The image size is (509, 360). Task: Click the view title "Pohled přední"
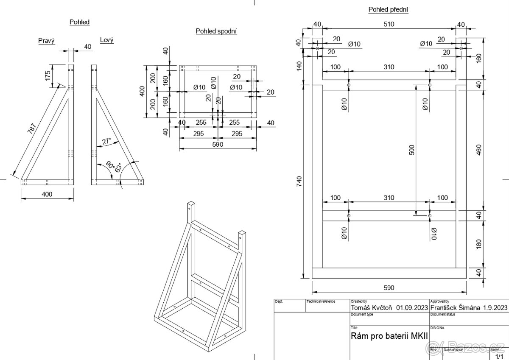pyautogui.click(x=389, y=9)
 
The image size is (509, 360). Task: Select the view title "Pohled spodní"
pyautogui.click(x=216, y=31)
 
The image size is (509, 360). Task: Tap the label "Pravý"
pyautogui.click(x=47, y=40)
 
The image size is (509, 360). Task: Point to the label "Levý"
pyautogui.click(x=107, y=40)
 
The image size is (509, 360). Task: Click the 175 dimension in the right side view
pyautogui.click(x=48, y=76)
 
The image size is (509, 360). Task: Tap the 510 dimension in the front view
pyautogui.click(x=389, y=24)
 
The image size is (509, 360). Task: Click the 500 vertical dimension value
pyautogui.click(x=411, y=151)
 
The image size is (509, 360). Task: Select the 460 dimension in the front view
pyautogui.click(x=478, y=150)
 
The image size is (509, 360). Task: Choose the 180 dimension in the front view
pyautogui.click(x=478, y=244)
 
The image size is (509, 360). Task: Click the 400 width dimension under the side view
pyautogui.click(x=47, y=194)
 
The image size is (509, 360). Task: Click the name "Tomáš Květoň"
pyautogui.click(x=372, y=307)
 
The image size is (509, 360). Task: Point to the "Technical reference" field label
pyautogui.click(x=321, y=301)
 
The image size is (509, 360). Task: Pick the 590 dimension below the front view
pyautogui.click(x=389, y=288)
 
